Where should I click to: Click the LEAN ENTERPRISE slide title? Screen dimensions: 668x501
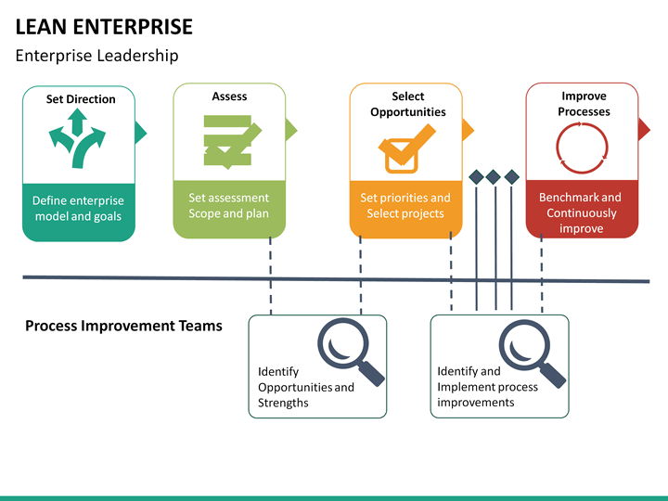tap(104, 27)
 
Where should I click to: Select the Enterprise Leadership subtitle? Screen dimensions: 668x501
tap(96, 56)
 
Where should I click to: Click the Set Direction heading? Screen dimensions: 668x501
tap(81, 99)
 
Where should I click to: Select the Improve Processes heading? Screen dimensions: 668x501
tap(584, 104)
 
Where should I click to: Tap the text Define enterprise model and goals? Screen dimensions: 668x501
tap(78, 209)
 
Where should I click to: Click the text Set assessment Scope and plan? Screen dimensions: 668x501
tap(229, 205)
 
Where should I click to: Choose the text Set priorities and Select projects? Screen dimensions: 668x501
tap(405, 205)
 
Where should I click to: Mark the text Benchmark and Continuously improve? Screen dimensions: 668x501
tap(581, 212)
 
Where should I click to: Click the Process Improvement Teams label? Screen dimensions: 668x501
tap(123, 326)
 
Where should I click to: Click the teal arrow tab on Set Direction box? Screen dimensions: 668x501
tap(141, 133)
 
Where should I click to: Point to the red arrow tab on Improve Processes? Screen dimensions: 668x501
tap(644, 130)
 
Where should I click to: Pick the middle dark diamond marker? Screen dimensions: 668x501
tap(494, 177)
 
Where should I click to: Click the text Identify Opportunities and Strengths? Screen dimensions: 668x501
tap(306, 387)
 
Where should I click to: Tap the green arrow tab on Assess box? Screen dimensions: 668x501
tap(291, 130)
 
